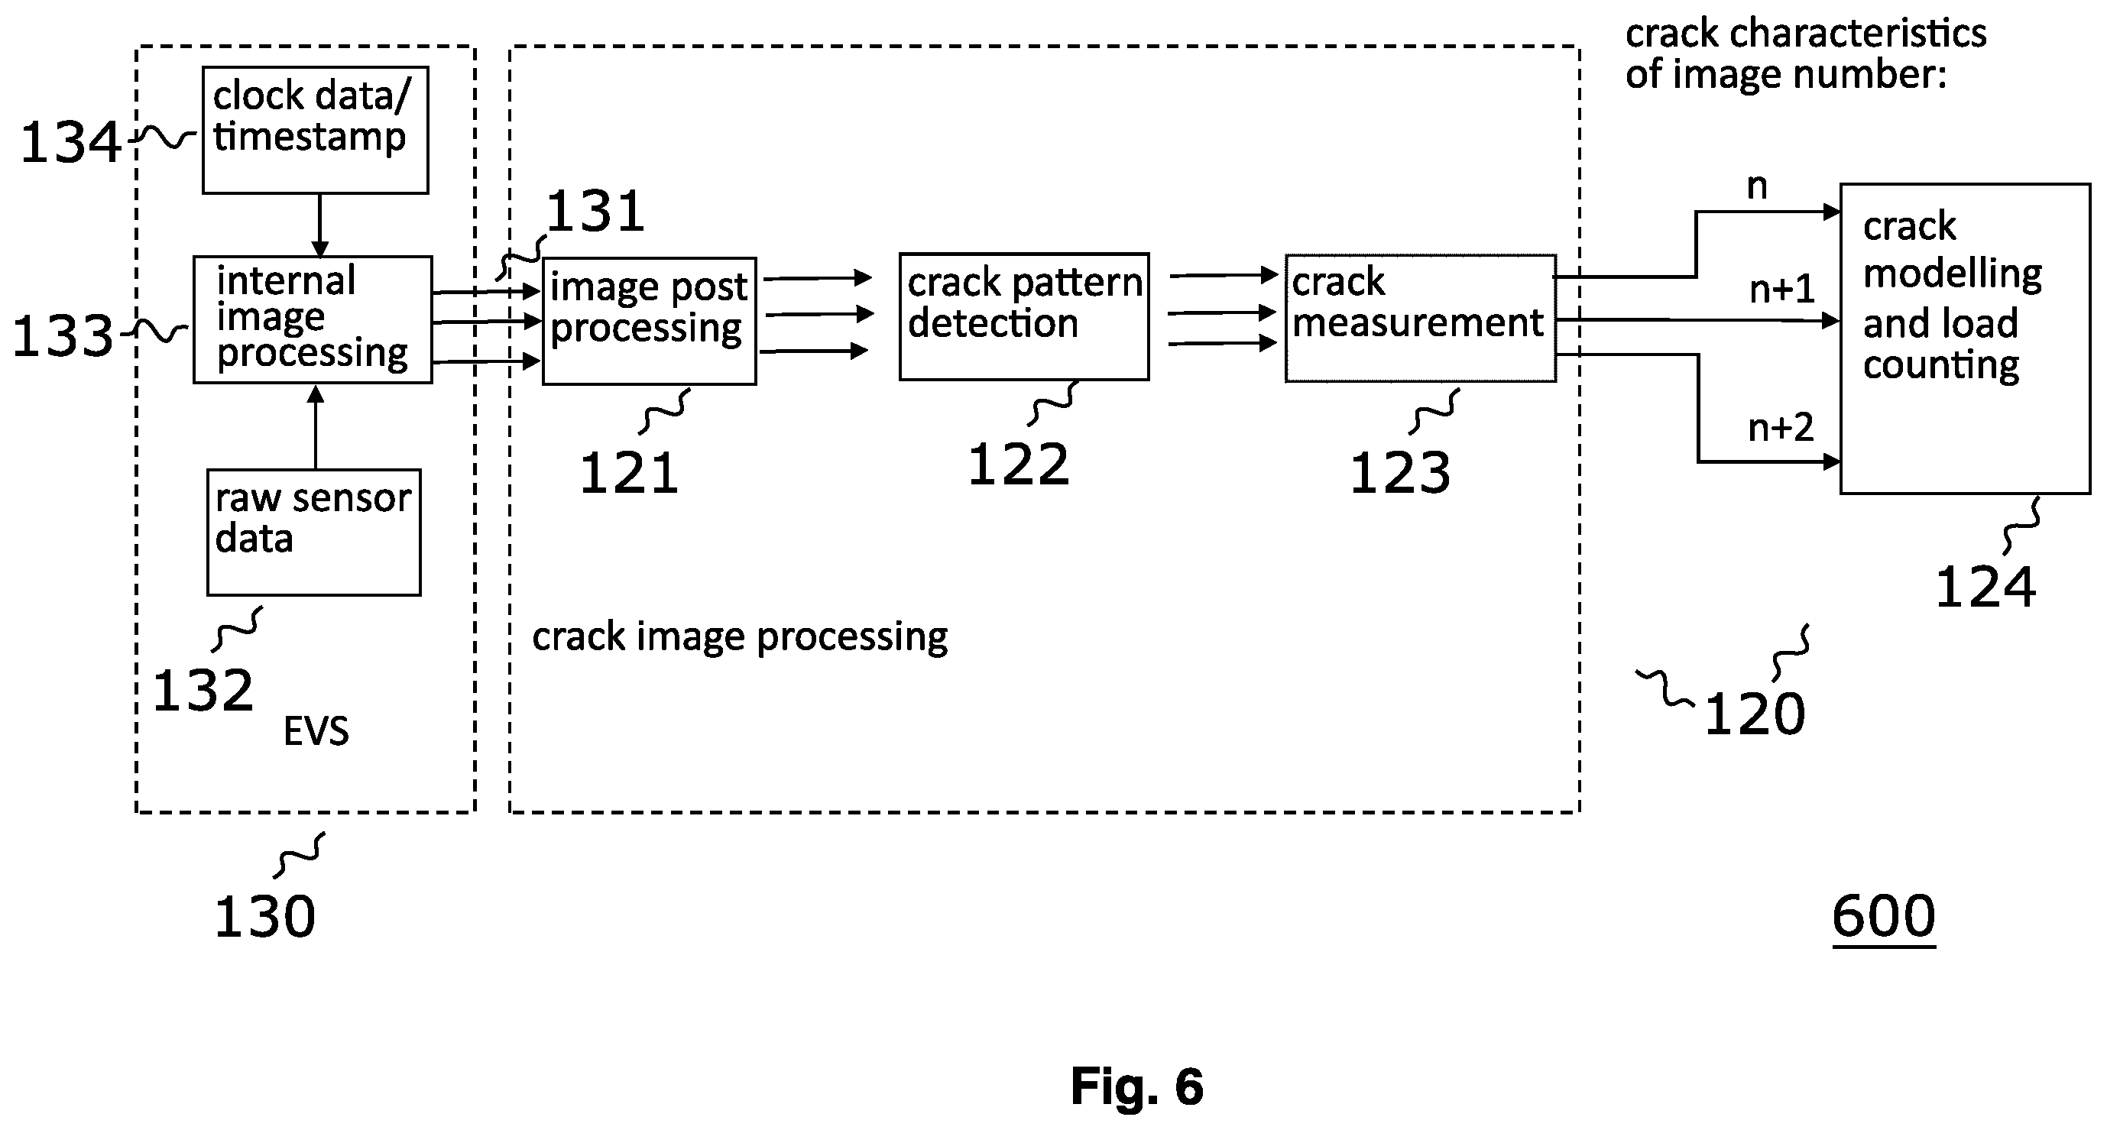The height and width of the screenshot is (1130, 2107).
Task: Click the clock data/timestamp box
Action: pos(315,130)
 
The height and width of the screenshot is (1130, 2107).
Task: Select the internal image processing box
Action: pos(313,319)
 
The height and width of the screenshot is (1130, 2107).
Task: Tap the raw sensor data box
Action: pos(314,533)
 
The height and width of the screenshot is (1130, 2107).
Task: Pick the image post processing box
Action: pos(650,322)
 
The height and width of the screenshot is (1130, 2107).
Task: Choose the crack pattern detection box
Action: pos(1024,317)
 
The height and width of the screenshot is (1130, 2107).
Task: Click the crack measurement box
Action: pos(1421,318)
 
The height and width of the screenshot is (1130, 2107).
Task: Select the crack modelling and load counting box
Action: pos(1965,338)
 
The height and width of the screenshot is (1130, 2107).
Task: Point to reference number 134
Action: pos(70,142)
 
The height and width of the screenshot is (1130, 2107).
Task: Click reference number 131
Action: pos(595,211)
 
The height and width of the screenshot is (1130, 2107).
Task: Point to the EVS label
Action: pos(316,731)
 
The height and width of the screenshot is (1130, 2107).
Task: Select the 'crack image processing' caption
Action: pos(741,637)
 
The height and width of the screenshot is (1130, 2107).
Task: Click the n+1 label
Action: pos(1782,289)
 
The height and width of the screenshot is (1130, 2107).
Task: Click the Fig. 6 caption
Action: pos(1137,1086)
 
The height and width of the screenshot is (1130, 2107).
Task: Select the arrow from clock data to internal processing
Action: pos(319,225)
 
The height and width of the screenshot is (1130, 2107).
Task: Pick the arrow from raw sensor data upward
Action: pos(316,427)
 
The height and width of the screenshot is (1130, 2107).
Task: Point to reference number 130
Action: pos(264,916)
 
